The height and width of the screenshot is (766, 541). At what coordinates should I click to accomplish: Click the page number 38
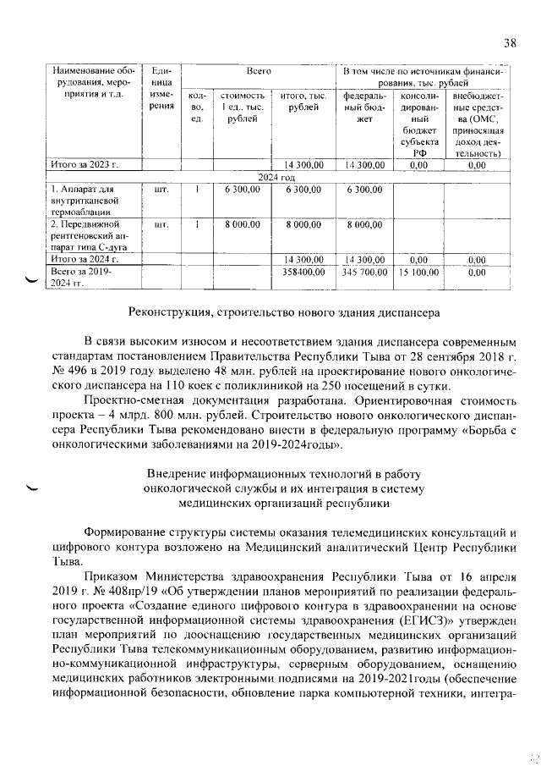pos(509,43)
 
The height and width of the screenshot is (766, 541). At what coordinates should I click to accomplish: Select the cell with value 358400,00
pos(303,273)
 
